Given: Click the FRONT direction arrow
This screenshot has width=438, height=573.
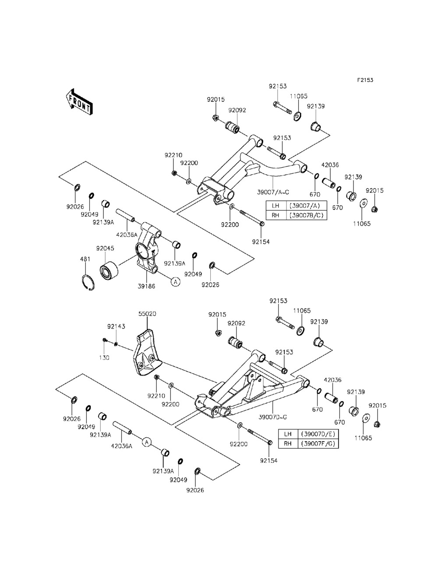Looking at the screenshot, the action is coord(79,102).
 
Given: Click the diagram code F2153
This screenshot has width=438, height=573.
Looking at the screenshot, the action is coord(365,80).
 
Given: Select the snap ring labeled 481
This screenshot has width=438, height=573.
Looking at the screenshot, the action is coord(88,282).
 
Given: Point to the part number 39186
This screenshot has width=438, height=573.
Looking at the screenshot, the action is coord(146,286).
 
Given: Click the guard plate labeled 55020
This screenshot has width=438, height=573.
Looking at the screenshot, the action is coord(147,352).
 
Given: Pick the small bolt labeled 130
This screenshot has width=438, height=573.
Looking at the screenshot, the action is coord(105,340).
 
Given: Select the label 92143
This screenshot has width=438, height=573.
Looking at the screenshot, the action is coord(116,326).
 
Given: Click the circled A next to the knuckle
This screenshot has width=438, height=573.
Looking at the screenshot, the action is coord(176,281).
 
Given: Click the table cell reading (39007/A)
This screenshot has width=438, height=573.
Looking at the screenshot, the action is coord(306,205).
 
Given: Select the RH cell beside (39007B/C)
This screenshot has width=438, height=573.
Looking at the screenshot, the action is coord(276,215).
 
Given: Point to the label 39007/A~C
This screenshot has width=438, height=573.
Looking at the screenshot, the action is coord(273,192).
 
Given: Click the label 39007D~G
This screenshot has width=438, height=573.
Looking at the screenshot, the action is coord(273,417).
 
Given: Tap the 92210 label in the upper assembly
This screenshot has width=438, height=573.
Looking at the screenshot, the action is coord(173,155).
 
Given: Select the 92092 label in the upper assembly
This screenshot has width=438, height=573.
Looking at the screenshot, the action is coord(237,110).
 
